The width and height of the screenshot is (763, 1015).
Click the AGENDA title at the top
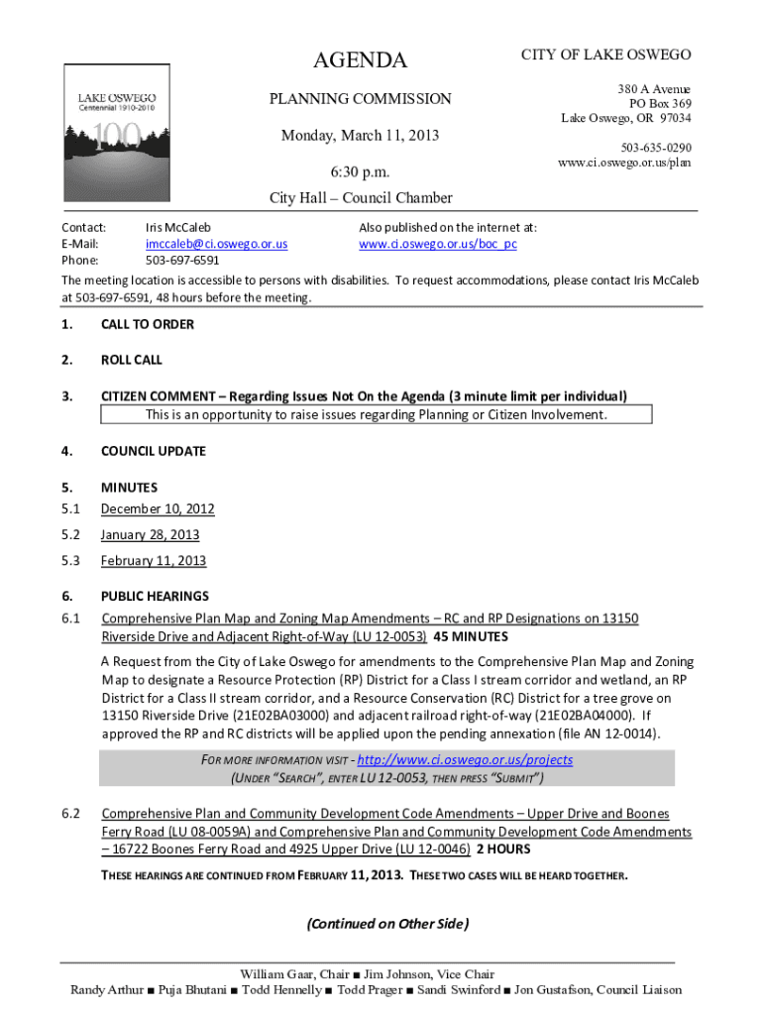tap(360, 60)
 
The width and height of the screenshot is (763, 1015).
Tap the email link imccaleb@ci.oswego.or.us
tap(216, 244)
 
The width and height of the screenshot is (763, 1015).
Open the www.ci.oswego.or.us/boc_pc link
tap(437, 244)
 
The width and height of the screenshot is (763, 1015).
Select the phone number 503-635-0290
tap(656, 148)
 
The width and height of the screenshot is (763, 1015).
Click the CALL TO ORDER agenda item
tap(147, 324)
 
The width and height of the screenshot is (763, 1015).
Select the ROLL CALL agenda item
tap(131, 360)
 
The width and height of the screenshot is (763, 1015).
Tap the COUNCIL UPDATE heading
tap(153, 451)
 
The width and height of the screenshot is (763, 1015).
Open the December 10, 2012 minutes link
tap(158, 509)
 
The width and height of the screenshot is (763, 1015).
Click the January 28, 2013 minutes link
tap(150, 535)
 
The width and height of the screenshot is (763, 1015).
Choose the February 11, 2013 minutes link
tap(154, 561)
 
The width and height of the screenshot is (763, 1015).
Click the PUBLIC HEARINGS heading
tap(155, 597)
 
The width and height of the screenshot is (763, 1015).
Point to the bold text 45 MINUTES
tap(471, 636)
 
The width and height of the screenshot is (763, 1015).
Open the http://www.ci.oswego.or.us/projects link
tap(465, 759)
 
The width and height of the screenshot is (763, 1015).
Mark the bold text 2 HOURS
tap(503, 849)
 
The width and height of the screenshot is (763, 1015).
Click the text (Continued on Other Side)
tap(386, 924)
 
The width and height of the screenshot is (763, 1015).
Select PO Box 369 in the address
tap(660, 104)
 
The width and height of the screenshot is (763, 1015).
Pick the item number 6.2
tap(70, 814)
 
